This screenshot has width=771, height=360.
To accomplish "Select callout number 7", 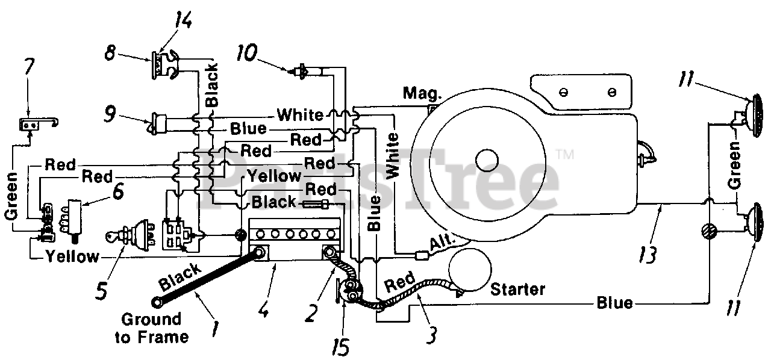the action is click(29, 66).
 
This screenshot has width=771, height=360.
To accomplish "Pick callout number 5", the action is click(102, 291).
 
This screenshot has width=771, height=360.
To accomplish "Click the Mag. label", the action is click(422, 93).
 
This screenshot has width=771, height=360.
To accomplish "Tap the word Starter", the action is click(517, 290).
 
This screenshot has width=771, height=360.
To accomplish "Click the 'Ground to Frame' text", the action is click(152, 328).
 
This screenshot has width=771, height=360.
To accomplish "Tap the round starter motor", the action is click(469, 270).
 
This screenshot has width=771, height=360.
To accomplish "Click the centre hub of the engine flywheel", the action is click(487, 160).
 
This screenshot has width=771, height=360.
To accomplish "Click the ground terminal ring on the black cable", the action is click(157, 303).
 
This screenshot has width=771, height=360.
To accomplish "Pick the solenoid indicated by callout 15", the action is click(349, 291).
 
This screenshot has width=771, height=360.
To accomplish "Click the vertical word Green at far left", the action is click(11, 196).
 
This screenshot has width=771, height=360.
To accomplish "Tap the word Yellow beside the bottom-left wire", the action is click(73, 256).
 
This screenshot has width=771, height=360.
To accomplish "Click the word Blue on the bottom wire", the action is click(614, 303).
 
